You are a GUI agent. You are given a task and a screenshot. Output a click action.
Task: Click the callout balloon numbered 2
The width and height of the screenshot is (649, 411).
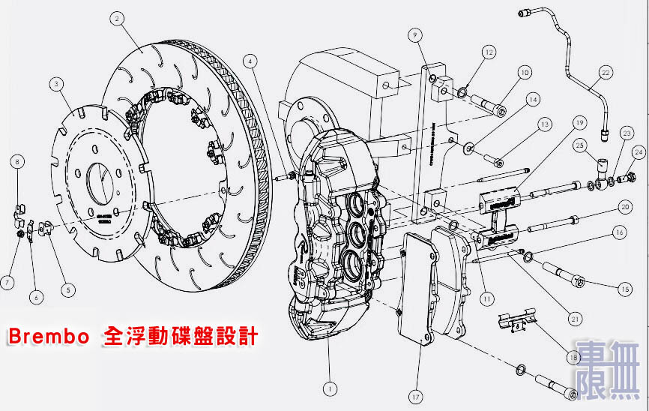[116, 21]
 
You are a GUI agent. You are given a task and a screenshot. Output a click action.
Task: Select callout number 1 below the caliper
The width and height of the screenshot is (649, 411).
[328, 388]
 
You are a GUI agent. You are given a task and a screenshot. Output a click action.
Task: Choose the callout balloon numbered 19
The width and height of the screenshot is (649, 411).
[579, 122]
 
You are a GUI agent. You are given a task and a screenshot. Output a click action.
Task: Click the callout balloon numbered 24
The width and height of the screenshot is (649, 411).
[638, 151]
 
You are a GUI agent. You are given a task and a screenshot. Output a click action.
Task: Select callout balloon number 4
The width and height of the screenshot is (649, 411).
[250, 60]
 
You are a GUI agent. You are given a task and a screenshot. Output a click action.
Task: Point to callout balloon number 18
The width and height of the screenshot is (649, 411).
[574, 359]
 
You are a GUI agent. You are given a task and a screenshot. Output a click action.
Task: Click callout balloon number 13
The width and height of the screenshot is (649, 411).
[544, 124]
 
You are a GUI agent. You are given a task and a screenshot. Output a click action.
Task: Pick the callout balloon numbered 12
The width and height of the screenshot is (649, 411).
[489, 52]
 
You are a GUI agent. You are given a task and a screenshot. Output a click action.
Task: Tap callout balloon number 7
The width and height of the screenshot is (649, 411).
[7, 282]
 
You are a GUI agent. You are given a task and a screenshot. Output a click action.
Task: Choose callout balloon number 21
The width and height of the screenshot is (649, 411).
[575, 319]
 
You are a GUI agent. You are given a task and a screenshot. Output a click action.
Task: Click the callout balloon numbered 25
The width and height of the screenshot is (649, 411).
[580, 144]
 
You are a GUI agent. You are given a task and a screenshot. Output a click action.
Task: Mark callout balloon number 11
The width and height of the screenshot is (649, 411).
[488, 297]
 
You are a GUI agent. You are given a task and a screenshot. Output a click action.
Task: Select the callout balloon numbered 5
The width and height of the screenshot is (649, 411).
[68, 288]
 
